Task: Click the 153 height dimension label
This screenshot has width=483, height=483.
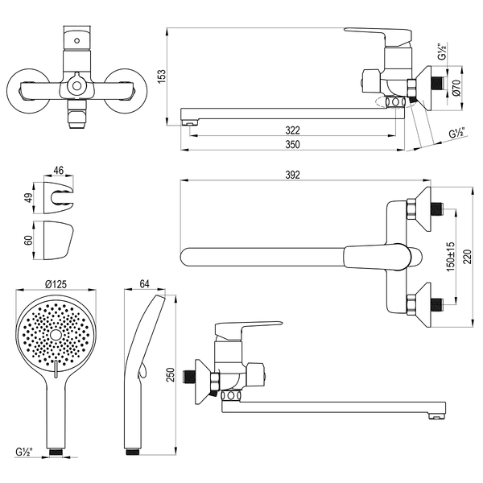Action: [x=163, y=76]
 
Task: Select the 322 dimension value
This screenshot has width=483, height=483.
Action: [x=292, y=130]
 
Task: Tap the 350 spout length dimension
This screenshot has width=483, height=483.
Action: [x=292, y=144]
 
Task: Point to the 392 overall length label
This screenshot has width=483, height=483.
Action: [x=292, y=175]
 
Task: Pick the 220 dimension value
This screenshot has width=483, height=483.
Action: [x=467, y=257]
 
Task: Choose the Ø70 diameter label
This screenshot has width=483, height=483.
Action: [x=456, y=88]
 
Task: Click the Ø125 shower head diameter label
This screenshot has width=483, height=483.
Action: [x=56, y=283]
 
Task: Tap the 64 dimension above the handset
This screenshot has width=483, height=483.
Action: [x=144, y=283]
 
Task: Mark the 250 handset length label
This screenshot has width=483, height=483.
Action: [x=171, y=374]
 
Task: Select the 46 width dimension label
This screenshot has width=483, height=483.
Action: [x=59, y=171]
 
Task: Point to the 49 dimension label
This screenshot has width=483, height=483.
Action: [x=29, y=198]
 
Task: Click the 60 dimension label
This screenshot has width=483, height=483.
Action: [x=29, y=240]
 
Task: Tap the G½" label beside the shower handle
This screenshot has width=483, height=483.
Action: [x=24, y=452]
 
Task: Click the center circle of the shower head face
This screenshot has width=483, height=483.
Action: [x=56, y=335]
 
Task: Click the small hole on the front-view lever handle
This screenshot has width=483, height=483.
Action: [x=77, y=40]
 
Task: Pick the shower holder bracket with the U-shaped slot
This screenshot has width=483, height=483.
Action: [x=59, y=198]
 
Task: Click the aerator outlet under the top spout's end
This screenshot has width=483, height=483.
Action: [x=189, y=123]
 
